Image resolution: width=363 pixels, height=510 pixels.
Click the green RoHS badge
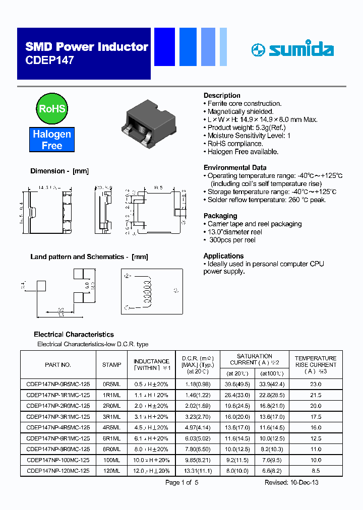(x=52, y=108)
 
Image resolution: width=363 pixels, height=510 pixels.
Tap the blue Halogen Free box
(x=52, y=140)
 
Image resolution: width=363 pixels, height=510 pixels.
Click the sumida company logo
(x=292, y=49)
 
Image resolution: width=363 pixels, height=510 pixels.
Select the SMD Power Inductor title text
(x=87, y=47)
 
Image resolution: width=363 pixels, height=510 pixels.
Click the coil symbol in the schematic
(x=148, y=291)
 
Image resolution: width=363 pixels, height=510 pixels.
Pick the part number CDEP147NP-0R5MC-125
(x=58, y=384)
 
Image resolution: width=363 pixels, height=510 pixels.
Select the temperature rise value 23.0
(x=316, y=384)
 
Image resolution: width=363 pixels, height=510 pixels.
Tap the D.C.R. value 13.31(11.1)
(x=198, y=471)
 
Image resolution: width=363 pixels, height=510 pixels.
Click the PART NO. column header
(x=58, y=364)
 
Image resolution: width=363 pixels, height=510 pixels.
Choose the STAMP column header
(x=111, y=364)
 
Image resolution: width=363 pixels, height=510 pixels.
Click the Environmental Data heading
(x=235, y=167)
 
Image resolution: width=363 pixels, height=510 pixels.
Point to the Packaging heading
(x=220, y=216)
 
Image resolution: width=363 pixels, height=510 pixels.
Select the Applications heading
(x=223, y=256)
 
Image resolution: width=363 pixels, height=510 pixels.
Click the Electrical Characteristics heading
(x=74, y=334)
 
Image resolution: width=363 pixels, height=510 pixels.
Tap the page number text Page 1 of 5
(x=182, y=482)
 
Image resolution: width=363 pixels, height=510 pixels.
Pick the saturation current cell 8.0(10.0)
(x=237, y=471)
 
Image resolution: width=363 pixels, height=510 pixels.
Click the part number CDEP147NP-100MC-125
(x=58, y=460)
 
